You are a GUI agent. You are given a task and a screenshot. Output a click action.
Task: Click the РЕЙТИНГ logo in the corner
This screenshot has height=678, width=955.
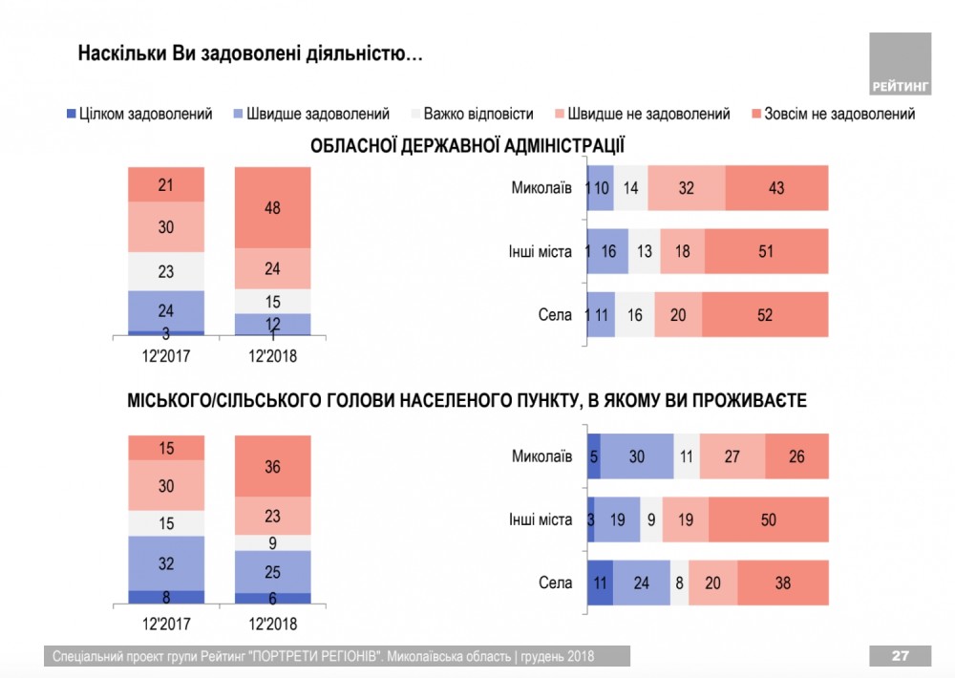point(900,64)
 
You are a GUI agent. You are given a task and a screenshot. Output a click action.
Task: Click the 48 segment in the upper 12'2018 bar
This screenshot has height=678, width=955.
point(273,207)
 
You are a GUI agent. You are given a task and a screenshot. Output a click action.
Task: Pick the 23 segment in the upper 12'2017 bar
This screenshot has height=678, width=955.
point(166,271)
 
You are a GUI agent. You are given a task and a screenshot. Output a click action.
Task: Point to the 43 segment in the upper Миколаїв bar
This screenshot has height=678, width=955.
point(776,188)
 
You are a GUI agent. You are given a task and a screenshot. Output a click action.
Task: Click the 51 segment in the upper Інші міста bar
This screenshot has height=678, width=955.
point(766,252)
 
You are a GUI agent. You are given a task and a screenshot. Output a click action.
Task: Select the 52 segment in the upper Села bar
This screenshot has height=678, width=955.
point(765,315)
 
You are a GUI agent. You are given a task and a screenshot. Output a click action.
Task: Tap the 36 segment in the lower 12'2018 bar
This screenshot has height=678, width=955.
point(273,468)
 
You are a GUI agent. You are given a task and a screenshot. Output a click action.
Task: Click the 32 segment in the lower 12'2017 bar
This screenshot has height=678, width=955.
point(166,563)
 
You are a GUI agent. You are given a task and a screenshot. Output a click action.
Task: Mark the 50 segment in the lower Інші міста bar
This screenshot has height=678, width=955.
point(769,520)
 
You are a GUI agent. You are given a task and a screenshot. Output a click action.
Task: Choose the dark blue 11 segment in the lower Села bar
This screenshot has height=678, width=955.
point(599,583)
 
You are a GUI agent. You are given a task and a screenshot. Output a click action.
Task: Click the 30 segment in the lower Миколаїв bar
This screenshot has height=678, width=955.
point(637,456)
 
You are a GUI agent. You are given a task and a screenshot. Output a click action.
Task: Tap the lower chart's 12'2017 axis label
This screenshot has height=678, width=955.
point(166,625)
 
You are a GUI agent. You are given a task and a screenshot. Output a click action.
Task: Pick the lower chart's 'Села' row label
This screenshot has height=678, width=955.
point(554,583)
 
